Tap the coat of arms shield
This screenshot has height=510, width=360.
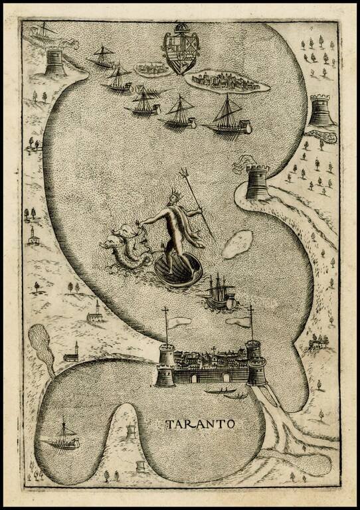(x=181, y=54)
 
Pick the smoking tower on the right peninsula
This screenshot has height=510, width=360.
(x=258, y=181)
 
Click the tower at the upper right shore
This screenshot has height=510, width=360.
(x=320, y=110)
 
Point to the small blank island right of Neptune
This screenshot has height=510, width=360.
(x=237, y=244)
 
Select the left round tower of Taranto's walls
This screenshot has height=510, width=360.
(x=164, y=367)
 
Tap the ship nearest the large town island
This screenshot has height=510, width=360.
(x=228, y=116)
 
